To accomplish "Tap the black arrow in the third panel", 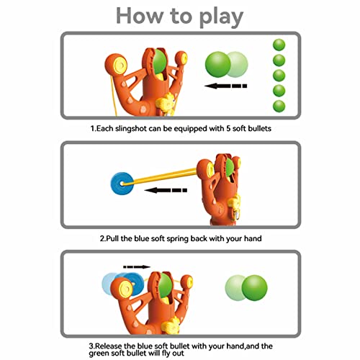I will tap(136, 266).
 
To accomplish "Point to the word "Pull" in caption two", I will tap(113, 237).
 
